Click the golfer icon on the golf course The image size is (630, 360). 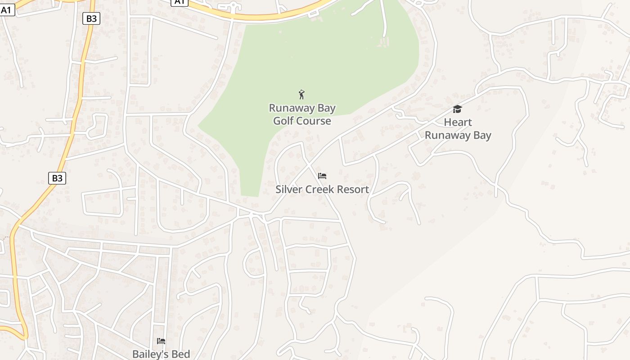[x=301, y=94]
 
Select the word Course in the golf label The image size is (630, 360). [x=315, y=121]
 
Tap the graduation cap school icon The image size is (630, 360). [x=458, y=109]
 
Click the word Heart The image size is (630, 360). [x=458, y=122]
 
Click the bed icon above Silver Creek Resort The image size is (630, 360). [x=322, y=175]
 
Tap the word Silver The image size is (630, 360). [x=289, y=189]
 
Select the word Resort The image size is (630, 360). [x=354, y=189]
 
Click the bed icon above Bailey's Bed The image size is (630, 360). [x=161, y=341]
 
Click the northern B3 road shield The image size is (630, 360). [x=91, y=18]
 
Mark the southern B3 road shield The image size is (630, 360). [x=57, y=178]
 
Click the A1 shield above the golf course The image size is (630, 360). [x=180, y=2]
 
